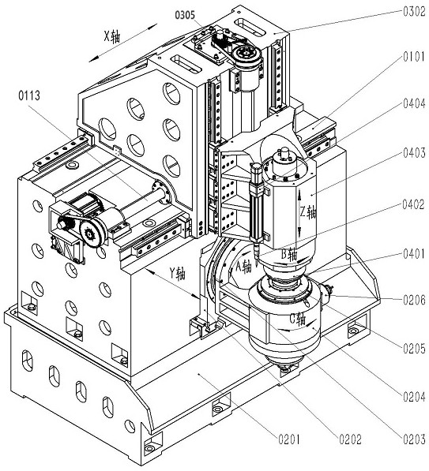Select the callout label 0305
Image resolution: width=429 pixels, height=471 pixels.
tap(185, 15)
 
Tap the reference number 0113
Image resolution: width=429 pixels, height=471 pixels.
tap(29, 95)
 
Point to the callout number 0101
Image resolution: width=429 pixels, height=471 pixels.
tap(415, 57)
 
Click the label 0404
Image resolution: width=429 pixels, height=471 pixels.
tap(415, 103)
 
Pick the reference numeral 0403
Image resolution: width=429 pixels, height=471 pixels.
tap(415, 153)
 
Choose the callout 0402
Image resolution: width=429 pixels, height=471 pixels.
tap(414, 205)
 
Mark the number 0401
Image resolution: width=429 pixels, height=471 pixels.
tap(415, 254)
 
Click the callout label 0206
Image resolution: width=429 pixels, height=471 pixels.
tap(415, 300)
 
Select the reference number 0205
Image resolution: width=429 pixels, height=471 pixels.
tap(415, 349)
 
